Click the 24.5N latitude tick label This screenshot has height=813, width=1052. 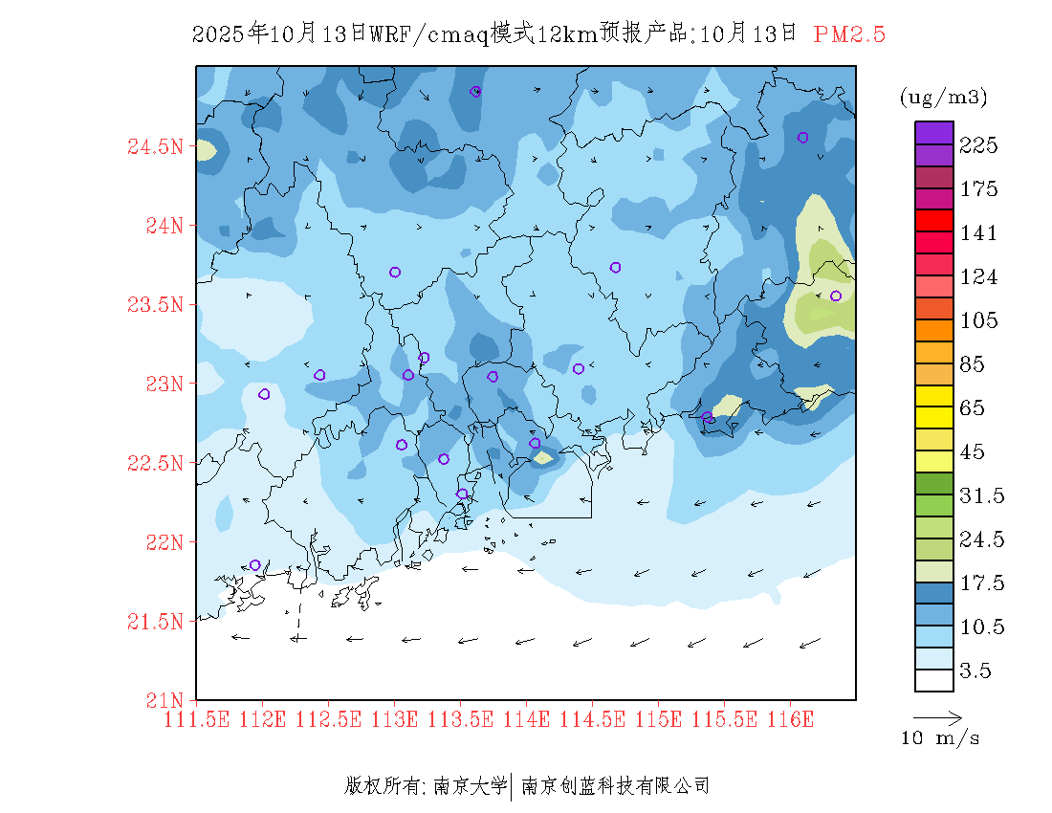click(x=155, y=147)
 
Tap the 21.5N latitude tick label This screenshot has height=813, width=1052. click(x=155, y=622)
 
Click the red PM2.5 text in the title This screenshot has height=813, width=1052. click(x=849, y=34)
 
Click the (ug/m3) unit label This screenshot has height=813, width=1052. click(x=943, y=98)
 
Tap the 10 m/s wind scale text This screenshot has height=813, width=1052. click(x=941, y=738)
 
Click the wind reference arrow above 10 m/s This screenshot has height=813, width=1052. click(x=937, y=716)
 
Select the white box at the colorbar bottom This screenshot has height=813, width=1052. click(x=933, y=680)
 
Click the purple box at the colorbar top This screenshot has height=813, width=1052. click(x=933, y=133)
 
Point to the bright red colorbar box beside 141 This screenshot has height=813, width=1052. click(x=933, y=220)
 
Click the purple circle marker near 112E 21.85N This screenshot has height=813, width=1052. click(x=255, y=565)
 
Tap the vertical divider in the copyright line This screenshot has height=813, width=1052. click(x=514, y=786)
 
